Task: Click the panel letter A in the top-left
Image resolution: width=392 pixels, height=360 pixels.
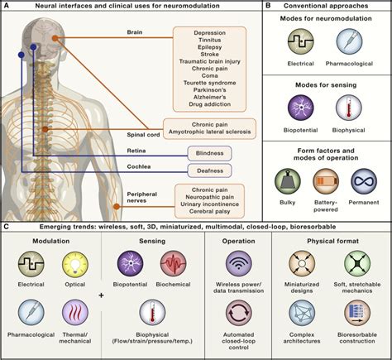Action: [x=6, y=6]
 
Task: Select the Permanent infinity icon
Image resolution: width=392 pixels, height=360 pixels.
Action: [x=364, y=180]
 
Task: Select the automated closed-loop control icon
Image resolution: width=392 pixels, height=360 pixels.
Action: [x=237, y=316]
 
